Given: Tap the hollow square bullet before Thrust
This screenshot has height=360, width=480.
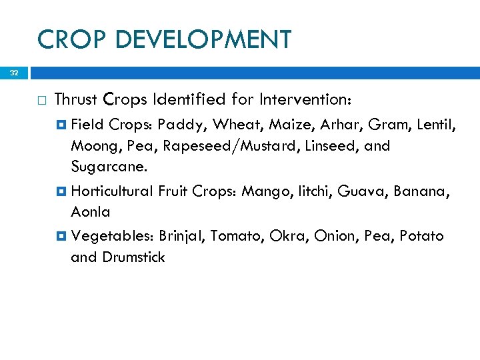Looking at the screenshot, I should click(41, 100).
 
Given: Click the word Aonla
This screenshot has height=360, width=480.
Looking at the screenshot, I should click(91, 212).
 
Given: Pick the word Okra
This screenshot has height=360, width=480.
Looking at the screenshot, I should click(285, 236).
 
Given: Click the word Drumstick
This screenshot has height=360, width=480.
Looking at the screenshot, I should click(133, 257).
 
